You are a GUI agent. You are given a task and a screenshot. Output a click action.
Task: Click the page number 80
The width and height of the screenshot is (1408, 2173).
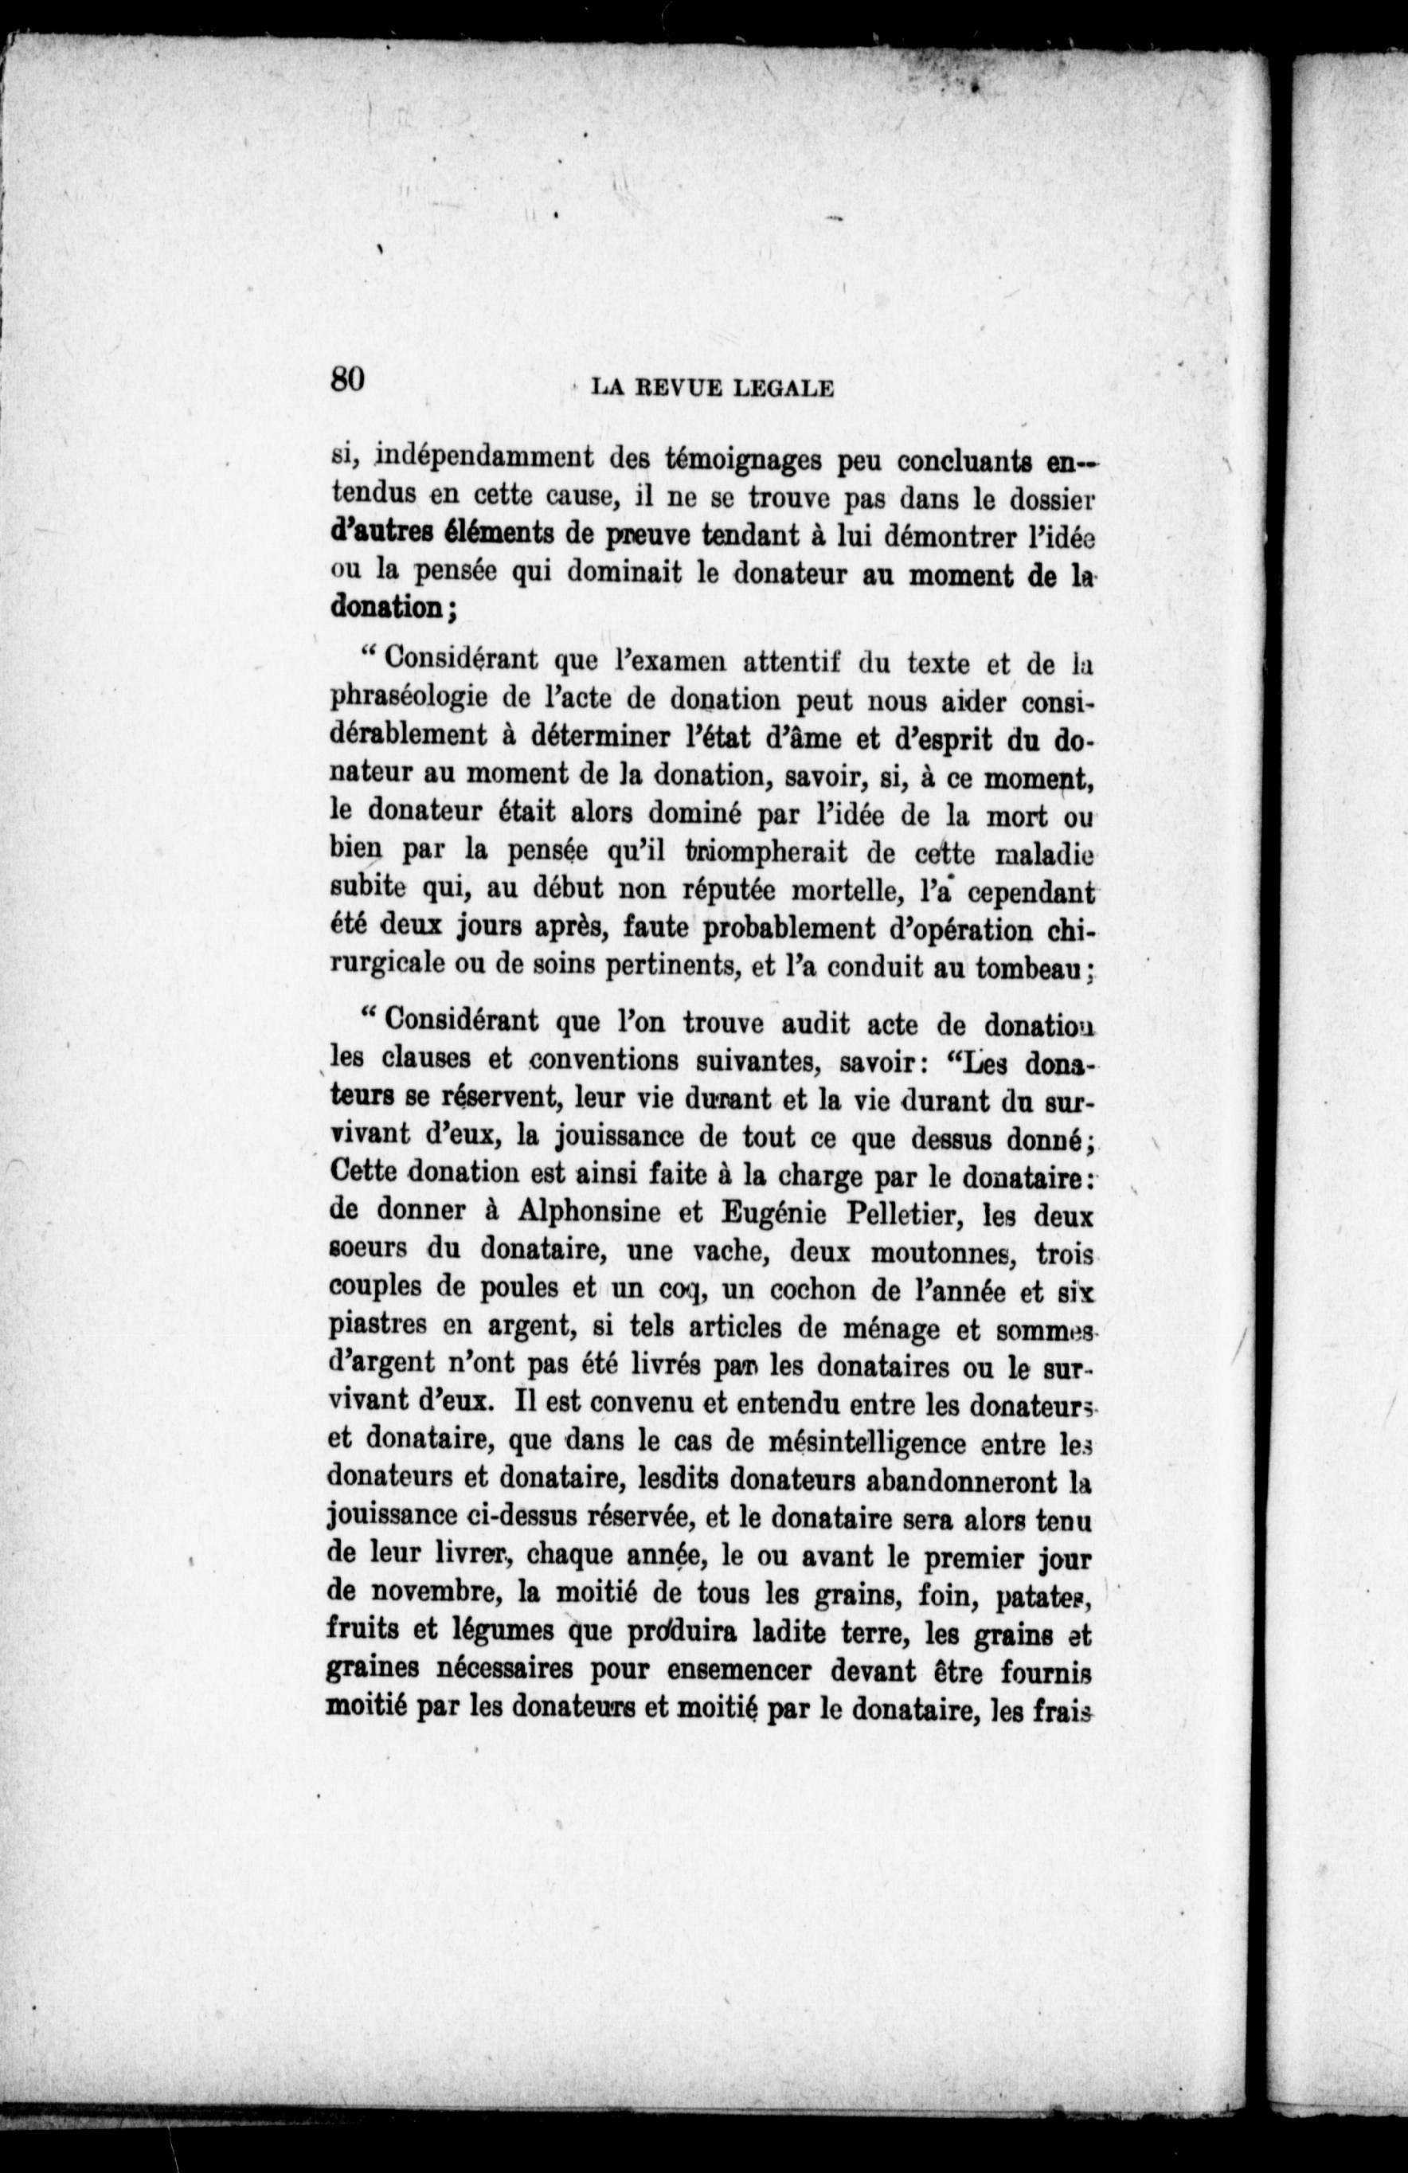tap(348, 378)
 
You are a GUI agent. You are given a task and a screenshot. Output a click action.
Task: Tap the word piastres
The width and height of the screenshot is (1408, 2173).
tap(379, 1329)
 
